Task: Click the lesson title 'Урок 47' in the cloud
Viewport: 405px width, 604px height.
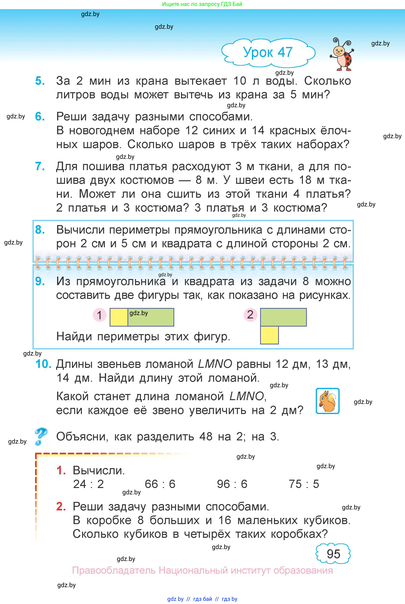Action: pos(268,52)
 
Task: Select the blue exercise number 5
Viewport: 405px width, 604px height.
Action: pos(40,81)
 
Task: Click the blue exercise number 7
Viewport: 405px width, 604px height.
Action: pos(40,166)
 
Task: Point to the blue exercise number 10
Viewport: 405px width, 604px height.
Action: pos(43,364)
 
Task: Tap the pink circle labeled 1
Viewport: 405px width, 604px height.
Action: pos(100,315)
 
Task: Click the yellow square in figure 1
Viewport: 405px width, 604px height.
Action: pos(119,317)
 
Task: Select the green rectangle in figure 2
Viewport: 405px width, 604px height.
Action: pos(283,317)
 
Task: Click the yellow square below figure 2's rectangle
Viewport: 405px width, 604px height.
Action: pos(269,335)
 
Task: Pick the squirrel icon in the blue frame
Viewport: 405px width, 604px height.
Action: pos(327,401)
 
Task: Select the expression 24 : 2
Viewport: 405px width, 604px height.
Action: pos(88,484)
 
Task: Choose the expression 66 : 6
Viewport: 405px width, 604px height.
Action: pos(160,484)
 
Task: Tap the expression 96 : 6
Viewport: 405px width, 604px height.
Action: pos(232,484)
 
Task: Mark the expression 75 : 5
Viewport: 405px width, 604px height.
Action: pos(304,484)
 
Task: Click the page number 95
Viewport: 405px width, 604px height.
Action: pos(333,554)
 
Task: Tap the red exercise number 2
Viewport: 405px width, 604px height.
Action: pos(61,506)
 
